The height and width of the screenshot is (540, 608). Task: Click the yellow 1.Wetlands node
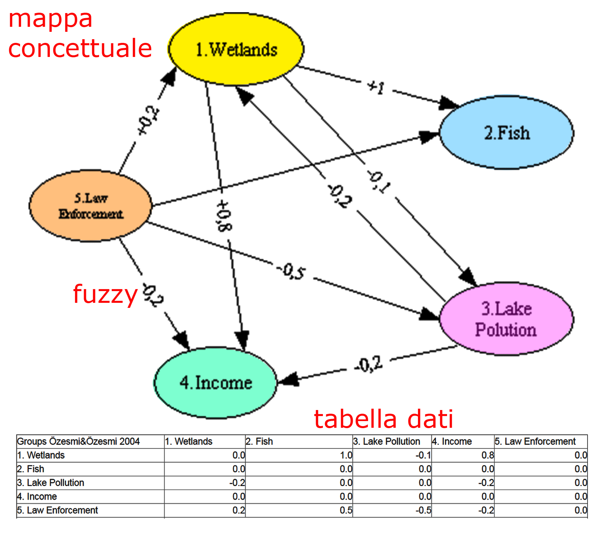click(x=236, y=49)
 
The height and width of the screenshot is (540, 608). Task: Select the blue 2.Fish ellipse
click(x=506, y=133)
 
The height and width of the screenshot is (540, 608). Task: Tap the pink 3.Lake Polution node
click(x=506, y=319)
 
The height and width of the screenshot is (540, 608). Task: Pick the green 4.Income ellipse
click(x=215, y=383)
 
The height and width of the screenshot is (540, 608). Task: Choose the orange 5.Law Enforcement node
click(x=91, y=206)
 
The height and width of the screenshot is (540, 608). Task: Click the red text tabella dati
click(x=383, y=419)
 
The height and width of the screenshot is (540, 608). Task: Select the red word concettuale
click(x=80, y=48)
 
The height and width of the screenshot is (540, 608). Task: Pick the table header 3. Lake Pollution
click(x=387, y=442)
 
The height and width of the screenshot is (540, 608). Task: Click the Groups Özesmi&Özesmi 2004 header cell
click(x=79, y=442)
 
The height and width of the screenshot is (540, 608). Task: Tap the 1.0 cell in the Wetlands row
click(x=346, y=455)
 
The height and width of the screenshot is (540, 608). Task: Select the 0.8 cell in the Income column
click(x=488, y=455)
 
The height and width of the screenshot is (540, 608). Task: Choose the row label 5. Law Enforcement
click(x=58, y=510)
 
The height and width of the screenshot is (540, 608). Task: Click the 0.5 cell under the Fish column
click(x=346, y=510)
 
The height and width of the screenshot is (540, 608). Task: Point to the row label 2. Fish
click(x=31, y=469)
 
